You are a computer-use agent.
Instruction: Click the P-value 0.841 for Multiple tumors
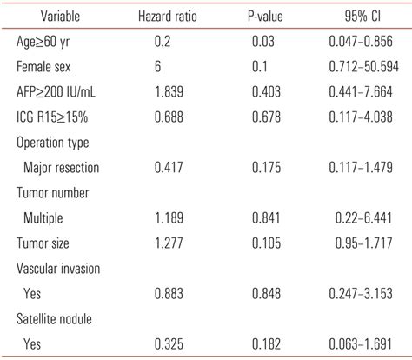point(266,217)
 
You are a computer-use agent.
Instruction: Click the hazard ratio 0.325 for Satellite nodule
point(169,343)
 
